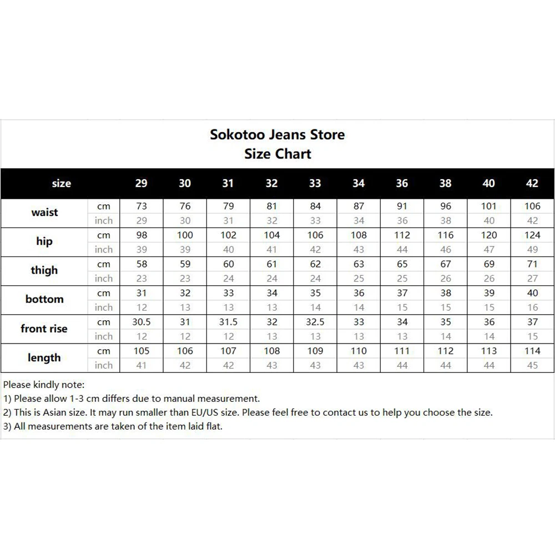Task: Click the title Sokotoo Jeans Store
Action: (x=277, y=134)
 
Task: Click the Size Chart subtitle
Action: (x=277, y=154)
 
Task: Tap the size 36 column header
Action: (x=402, y=183)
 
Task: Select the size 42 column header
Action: (x=532, y=183)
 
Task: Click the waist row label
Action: (x=44, y=213)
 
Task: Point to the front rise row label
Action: (x=44, y=329)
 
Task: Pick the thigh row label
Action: (x=44, y=271)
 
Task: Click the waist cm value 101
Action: (x=489, y=206)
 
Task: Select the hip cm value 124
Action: (x=532, y=235)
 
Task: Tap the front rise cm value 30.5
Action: (x=142, y=322)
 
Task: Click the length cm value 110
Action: (x=359, y=351)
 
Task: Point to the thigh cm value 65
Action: (x=402, y=264)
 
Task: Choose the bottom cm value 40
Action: (x=532, y=293)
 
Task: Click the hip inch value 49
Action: (x=532, y=249)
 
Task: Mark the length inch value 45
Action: (x=532, y=365)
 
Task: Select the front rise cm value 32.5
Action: (x=315, y=322)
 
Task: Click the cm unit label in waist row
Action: (x=104, y=206)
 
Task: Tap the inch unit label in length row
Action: (x=104, y=365)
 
